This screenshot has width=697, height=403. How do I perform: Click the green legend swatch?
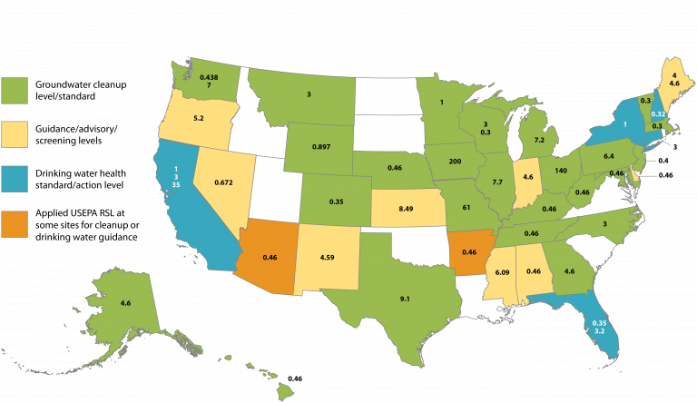point(15,91)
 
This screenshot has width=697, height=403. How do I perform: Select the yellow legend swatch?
point(15,135)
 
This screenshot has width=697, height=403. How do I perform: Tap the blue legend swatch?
point(15,179)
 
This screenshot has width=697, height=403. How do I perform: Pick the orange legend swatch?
point(15,223)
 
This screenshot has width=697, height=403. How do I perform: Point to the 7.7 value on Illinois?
point(496,182)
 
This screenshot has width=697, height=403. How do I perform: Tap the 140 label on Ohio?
point(560,171)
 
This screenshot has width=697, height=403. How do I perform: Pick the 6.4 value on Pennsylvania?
point(610,156)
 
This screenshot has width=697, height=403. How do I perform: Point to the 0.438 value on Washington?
point(209,77)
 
